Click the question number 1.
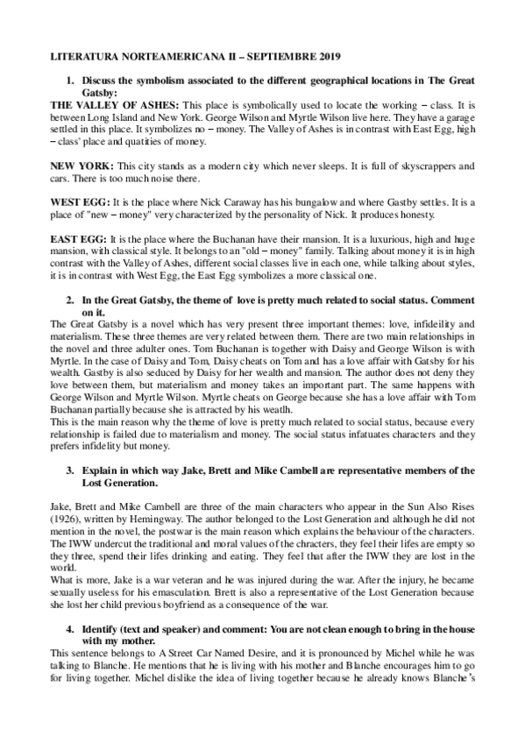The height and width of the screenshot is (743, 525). coord(71,81)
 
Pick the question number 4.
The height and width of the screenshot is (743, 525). coord(71,630)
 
